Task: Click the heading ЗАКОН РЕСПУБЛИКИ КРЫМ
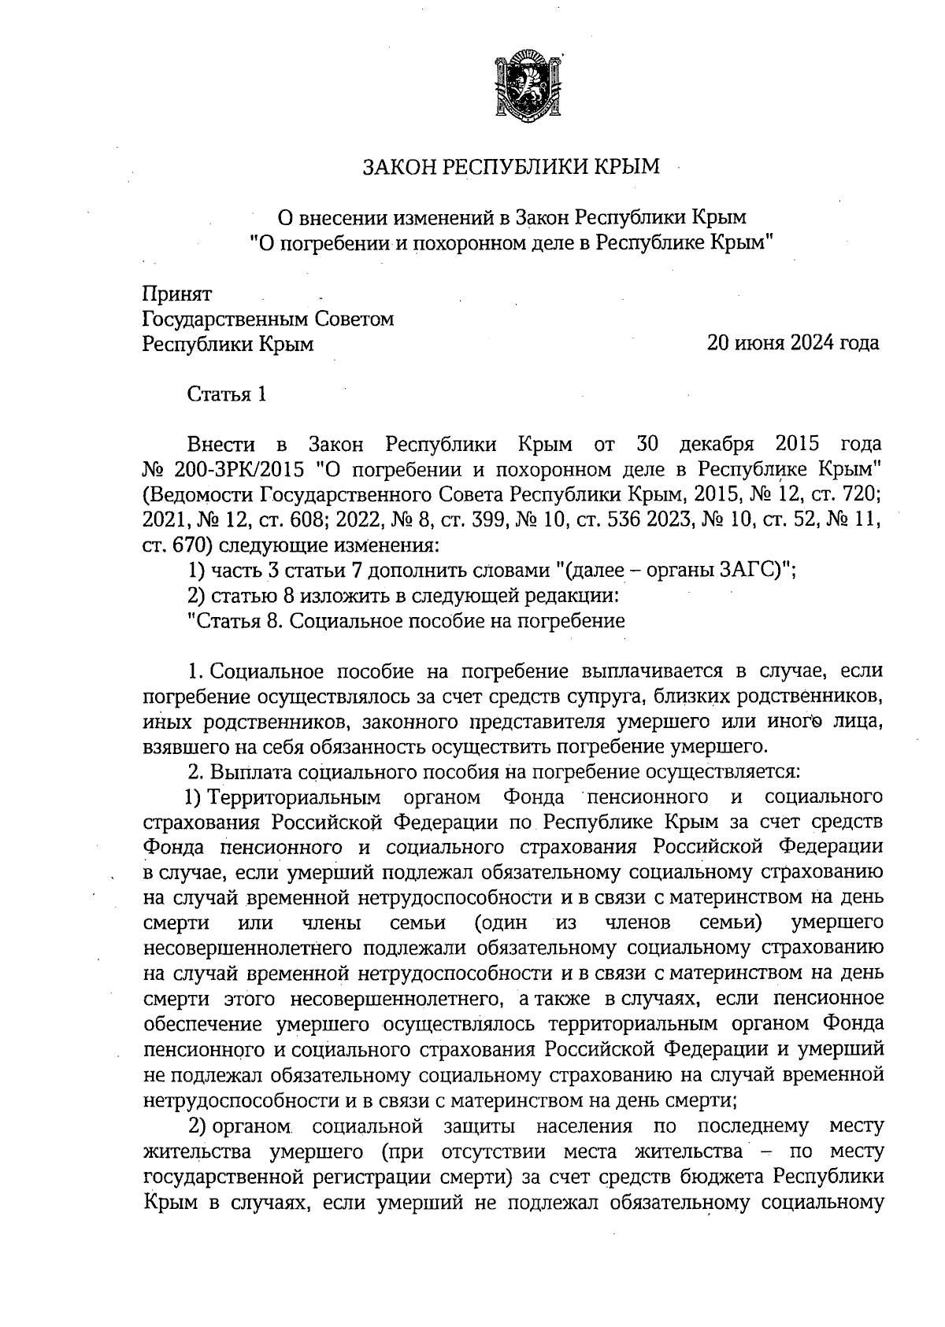click(510, 167)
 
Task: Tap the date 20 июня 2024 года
click(792, 343)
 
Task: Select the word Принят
click(177, 294)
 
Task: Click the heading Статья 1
click(227, 394)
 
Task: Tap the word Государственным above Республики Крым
click(222, 319)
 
